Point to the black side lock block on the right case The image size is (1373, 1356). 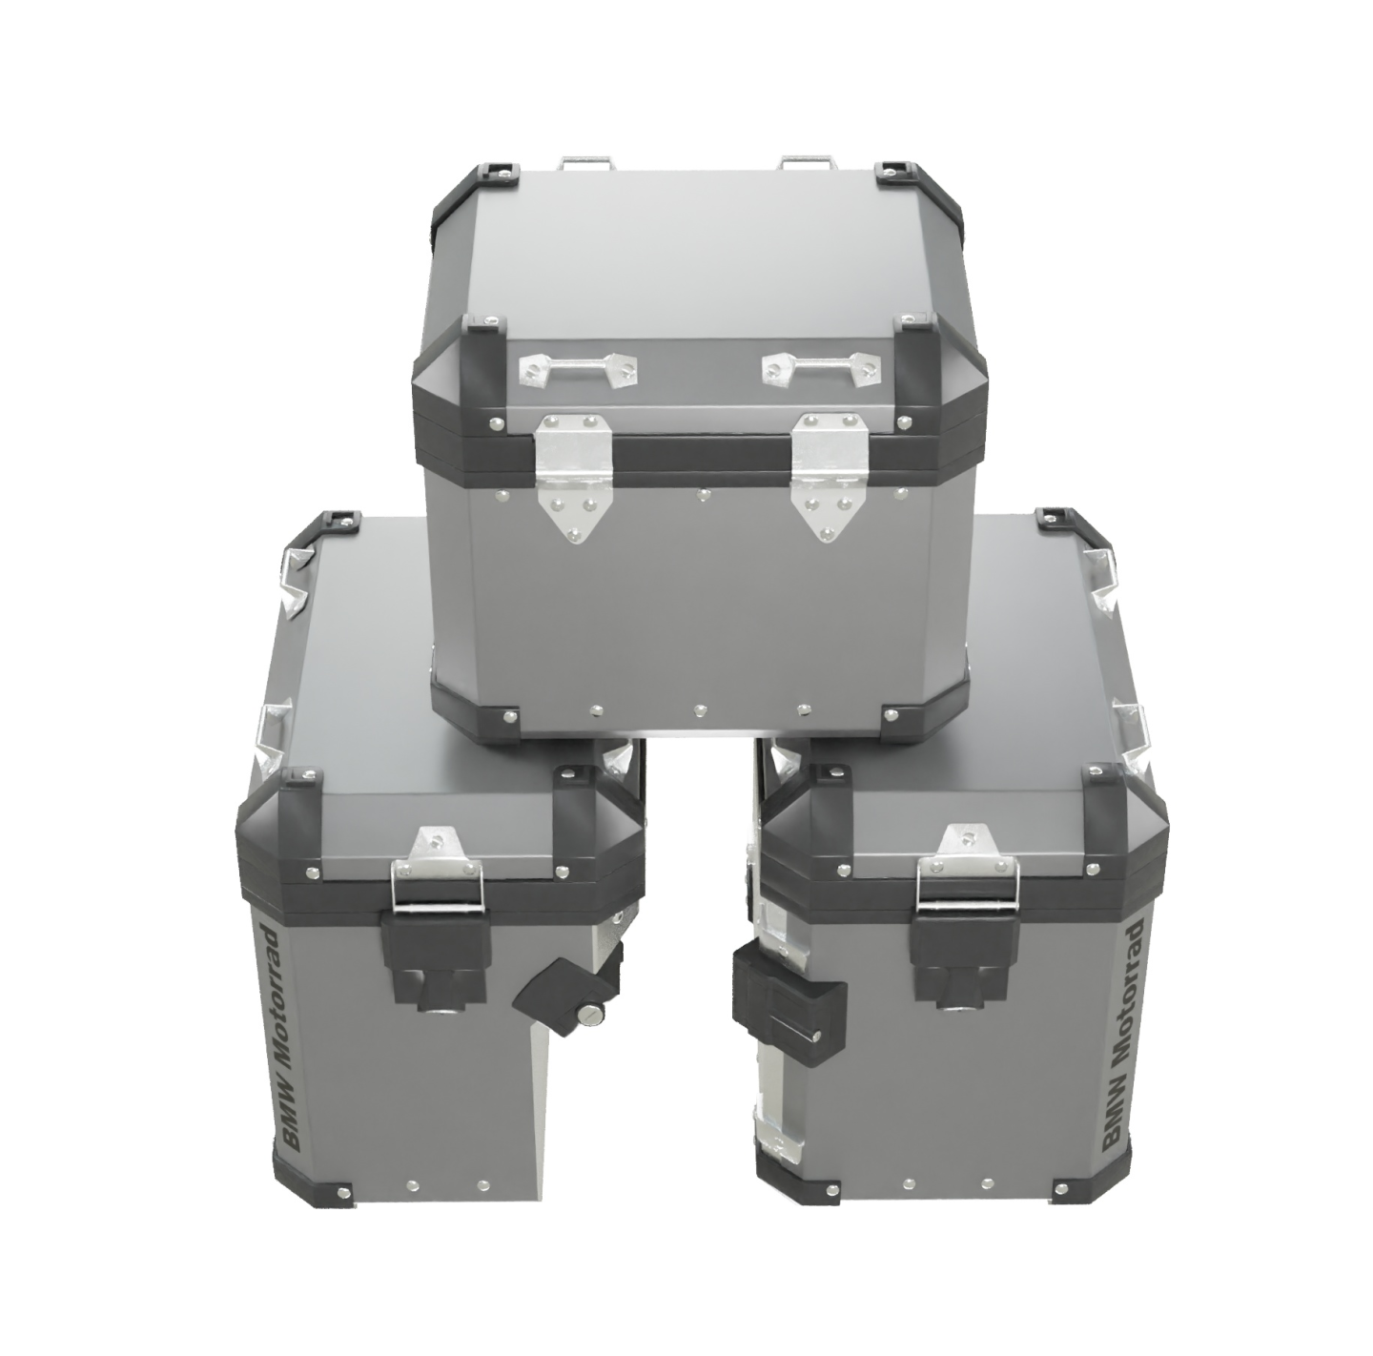(789, 992)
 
